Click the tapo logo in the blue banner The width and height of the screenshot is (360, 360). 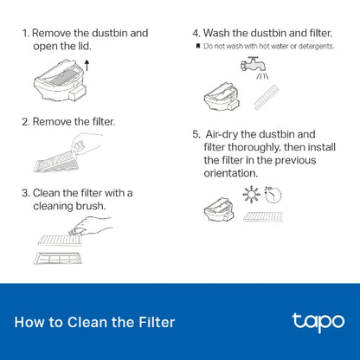[x=312, y=322]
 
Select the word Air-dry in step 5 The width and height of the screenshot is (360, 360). [x=228, y=134]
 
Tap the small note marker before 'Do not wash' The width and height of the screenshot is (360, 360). [x=197, y=45]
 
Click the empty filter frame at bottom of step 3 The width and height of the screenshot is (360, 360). [x=58, y=258]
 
